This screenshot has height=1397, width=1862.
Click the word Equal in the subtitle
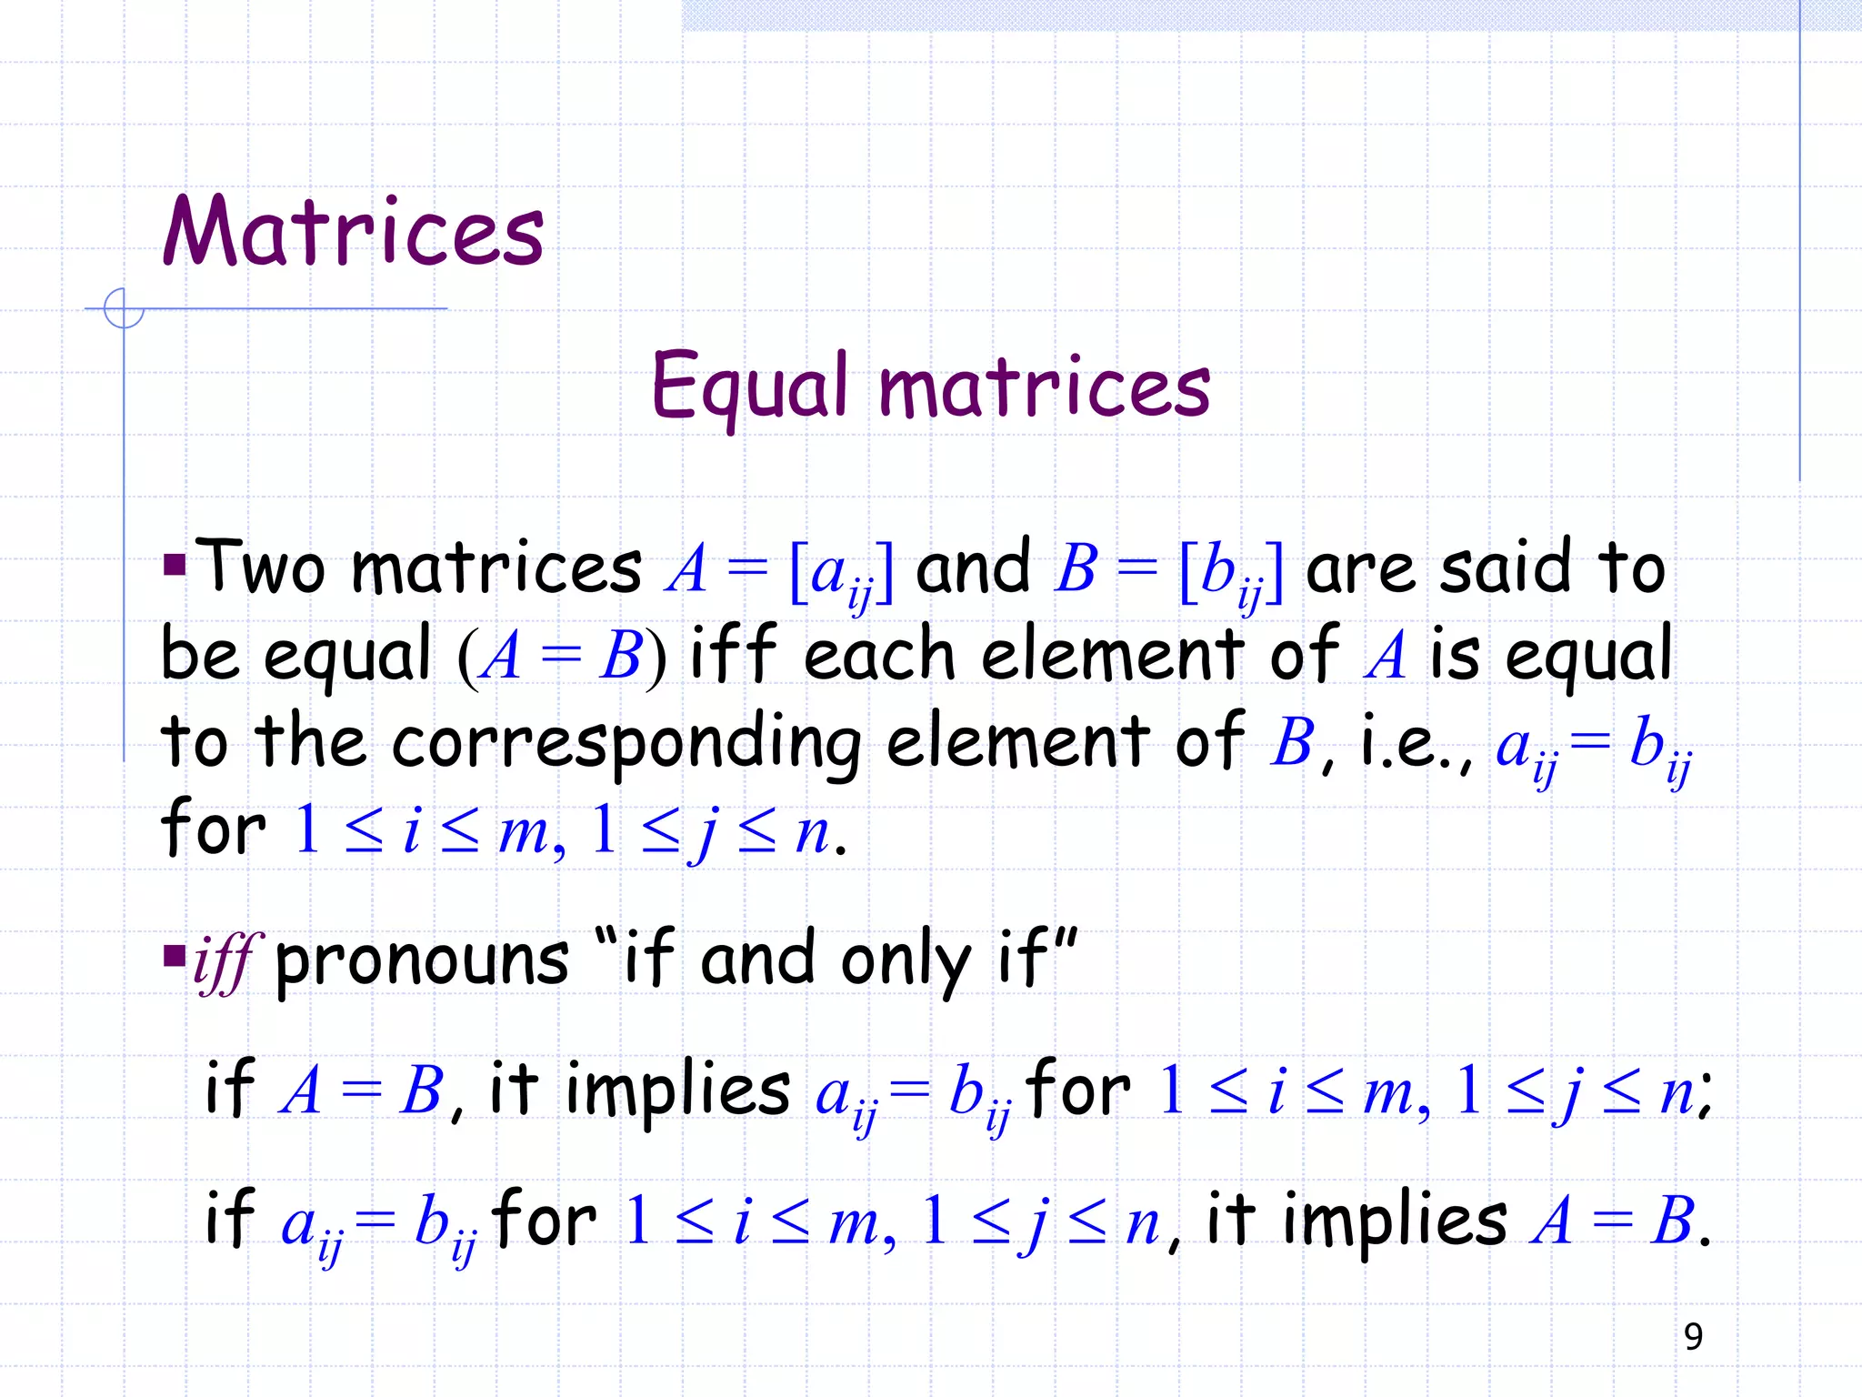coord(750,387)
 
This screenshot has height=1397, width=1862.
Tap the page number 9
coord(1693,1336)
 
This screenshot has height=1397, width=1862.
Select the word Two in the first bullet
coord(261,568)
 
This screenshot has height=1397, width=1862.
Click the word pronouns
coord(422,961)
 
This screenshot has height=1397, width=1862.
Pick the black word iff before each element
coord(733,653)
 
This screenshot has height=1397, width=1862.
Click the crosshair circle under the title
coord(124,308)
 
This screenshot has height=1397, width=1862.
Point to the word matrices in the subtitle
coord(1045,387)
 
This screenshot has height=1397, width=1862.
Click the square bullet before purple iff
coord(174,956)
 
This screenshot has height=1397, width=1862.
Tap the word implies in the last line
coord(1395,1221)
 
